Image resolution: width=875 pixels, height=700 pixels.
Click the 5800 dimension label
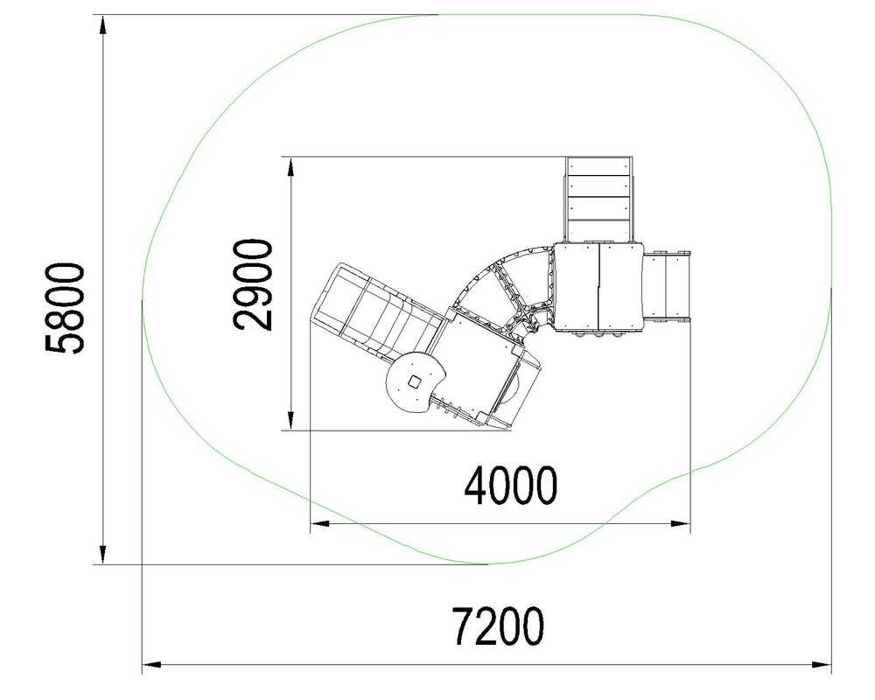click(x=66, y=308)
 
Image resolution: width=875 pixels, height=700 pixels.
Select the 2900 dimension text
click(x=254, y=284)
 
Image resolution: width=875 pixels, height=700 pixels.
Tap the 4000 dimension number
click(x=511, y=486)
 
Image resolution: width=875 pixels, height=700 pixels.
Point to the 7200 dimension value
click(x=497, y=626)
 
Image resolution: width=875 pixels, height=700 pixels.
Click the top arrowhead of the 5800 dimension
click(x=102, y=25)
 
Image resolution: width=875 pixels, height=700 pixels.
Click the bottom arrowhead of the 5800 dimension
click(x=102, y=554)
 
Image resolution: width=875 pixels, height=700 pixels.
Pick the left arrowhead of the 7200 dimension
click(x=152, y=664)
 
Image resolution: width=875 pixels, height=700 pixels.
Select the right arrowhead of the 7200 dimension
click(x=821, y=664)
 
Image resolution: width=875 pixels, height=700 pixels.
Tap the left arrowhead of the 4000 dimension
click(x=320, y=523)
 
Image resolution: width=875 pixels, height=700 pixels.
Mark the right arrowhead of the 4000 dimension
click(x=680, y=523)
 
